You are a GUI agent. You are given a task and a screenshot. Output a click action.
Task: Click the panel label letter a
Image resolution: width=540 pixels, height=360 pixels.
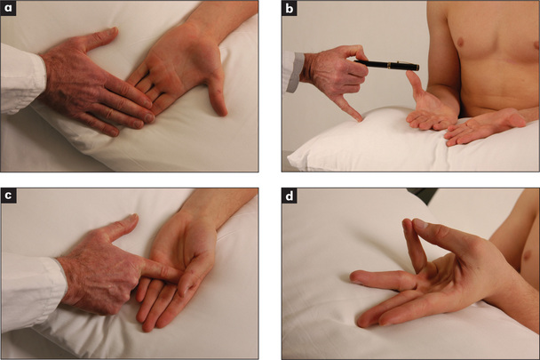(8, 8)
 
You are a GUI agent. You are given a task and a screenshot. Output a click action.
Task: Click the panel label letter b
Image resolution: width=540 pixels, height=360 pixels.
(290, 9)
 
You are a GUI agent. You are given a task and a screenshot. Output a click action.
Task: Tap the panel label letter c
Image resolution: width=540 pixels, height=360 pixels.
(8, 196)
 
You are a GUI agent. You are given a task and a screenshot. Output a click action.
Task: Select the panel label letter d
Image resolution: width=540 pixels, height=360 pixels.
(290, 196)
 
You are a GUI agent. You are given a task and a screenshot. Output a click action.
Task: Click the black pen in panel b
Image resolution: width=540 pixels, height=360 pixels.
(386, 65)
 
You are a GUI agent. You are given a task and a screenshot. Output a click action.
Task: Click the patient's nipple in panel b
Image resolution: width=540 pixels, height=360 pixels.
(458, 43)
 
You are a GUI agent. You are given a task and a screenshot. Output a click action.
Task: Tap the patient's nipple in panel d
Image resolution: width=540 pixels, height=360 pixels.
(526, 255)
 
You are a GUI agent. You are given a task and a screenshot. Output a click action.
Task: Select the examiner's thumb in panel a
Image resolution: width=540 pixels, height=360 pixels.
(99, 38)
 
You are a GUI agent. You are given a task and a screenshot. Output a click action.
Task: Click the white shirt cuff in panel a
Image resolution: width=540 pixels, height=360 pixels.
(21, 78)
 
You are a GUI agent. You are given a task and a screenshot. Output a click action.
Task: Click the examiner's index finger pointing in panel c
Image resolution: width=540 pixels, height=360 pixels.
(160, 270)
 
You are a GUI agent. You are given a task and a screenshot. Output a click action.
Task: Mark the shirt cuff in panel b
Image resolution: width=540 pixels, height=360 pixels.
(293, 72)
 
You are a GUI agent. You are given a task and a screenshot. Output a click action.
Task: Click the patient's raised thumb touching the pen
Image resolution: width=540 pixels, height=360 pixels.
(416, 84)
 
